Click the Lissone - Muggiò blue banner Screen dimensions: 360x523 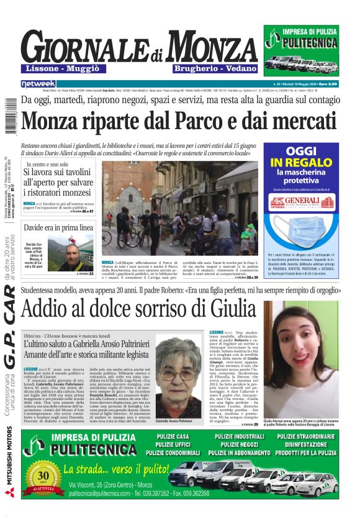[x=66, y=67]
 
